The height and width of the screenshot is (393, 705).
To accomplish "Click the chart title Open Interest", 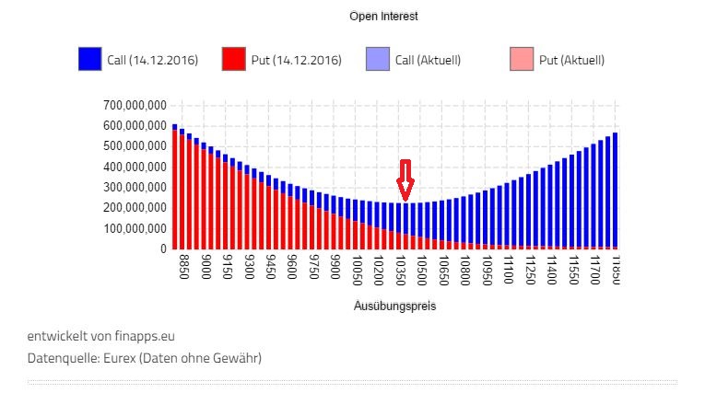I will tap(383, 17).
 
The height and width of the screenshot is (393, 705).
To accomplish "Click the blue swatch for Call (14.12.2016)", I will tap(89, 60).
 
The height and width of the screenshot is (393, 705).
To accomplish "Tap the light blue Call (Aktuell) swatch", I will tap(378, 60).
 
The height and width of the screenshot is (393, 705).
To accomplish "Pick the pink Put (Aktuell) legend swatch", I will tap(522, 60).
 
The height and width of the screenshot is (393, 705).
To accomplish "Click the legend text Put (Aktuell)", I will tap(571, 61).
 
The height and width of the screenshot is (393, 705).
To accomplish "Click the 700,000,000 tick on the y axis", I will tap(136, 105).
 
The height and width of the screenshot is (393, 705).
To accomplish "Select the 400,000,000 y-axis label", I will tap(136, 167).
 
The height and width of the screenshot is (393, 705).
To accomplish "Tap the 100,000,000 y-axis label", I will tap(136, 228).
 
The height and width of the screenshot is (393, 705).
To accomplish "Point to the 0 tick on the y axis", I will tap(161, 249).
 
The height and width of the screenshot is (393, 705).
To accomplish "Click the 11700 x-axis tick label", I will tap(594, 271).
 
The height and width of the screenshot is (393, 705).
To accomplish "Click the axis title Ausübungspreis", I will tap(394, 306).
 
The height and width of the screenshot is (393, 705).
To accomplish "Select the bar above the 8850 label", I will tap(182, 193).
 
